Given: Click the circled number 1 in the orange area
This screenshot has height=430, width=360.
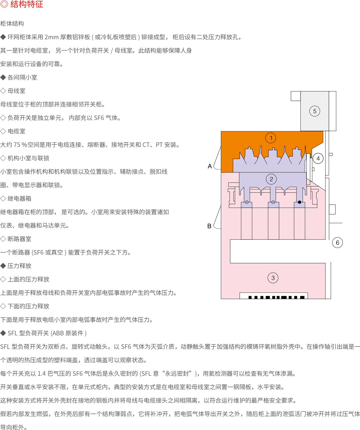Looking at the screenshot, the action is coord(271,138).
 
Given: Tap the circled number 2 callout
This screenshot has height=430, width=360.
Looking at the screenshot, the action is coord(271,179).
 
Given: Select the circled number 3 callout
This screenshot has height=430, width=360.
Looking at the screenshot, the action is coord(273,278).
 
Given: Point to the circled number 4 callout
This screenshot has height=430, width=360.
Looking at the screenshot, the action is coord(318,158).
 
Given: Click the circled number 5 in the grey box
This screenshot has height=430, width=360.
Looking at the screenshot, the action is coord(315,111).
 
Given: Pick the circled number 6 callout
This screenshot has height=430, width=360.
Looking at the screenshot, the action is coord(337,242).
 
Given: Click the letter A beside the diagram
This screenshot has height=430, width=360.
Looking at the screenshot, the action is coord(210,166).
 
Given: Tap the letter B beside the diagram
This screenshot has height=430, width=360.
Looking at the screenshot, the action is coord(209,226).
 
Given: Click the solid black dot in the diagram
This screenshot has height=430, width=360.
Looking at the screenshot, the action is coord(299,202).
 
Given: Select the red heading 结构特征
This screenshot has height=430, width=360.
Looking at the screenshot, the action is coord(27,4).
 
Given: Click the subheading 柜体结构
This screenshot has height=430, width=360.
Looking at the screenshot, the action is coord(12,24).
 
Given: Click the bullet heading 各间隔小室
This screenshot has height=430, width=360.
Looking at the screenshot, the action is coord(22,77).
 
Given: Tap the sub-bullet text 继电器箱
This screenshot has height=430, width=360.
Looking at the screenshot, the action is coord(19,199).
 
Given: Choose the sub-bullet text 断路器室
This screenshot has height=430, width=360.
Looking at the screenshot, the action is coord(19,239).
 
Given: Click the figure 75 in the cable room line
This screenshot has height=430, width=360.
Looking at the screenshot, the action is coord(17,145).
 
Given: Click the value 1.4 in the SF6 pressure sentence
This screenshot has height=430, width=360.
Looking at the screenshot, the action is coord(42,374).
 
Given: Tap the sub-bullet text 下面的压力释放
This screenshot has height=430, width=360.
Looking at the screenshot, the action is coord(28,306).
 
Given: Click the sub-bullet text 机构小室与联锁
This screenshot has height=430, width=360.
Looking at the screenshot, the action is coord(28,158).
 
